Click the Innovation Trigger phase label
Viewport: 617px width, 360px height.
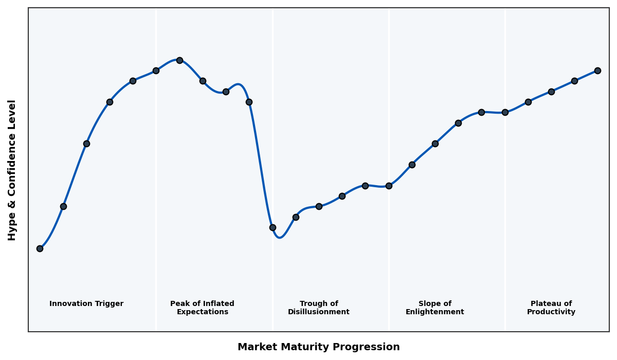coord(86,304)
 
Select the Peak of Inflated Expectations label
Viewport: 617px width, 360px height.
coord(202,308)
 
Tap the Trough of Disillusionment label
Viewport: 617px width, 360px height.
coord(319,308)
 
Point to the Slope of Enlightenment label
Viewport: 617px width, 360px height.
coord(434,308)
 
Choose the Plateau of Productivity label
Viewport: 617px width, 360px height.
coord(551,308)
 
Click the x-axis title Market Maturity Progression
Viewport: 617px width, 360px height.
coord(318,347)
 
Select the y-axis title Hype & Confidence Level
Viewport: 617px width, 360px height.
coord(12,170)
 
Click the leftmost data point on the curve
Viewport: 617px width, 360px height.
coord(40,248)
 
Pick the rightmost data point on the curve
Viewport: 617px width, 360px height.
coord(597,70)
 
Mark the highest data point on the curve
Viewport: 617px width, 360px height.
coord(179,60)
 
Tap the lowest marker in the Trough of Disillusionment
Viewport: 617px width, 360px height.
coord(273,227)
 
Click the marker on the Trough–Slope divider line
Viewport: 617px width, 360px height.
coord(389,186)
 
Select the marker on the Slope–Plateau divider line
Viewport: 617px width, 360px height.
coord(505,112)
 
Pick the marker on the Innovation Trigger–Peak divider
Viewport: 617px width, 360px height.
coord(156,70)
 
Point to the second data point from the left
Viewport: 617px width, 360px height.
coord(63,206)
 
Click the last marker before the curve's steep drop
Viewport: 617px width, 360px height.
coord(249,102)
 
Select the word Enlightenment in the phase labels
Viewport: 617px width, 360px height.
coord(434,312)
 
